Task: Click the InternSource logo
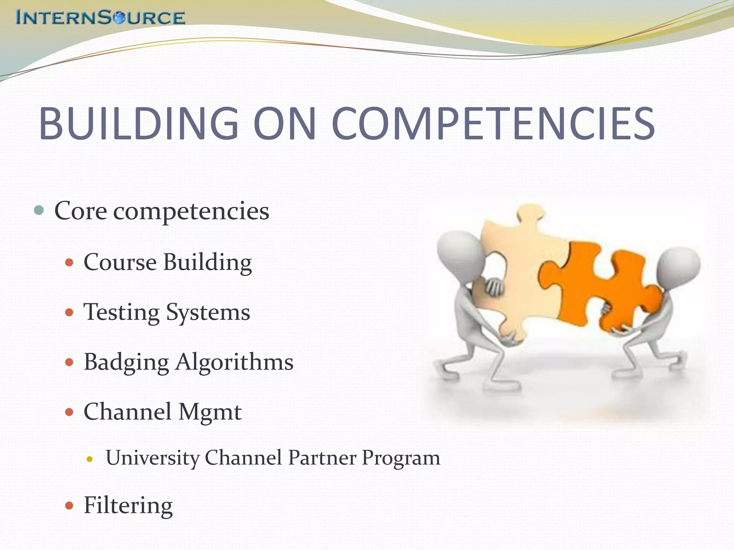tap(100, 17)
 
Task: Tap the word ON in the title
tap(285, 124)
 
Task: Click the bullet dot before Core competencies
tap(39, 210)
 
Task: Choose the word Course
tap(120, 262)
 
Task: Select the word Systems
tap(208, 312)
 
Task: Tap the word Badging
tap(126, 362)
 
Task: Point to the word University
tap(153, 458)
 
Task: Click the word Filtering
tap(128, 506)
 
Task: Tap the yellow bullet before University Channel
tap(90, 459)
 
